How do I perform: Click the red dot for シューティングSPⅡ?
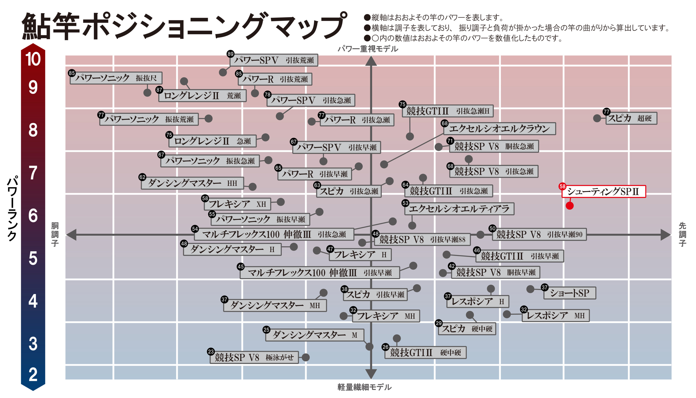569,206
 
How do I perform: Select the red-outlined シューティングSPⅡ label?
603,192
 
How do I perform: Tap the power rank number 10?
33,59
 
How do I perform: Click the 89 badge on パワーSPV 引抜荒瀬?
230,54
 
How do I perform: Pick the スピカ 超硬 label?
631,118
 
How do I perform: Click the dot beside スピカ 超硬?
597,118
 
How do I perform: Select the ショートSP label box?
569,293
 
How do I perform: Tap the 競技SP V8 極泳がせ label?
254,357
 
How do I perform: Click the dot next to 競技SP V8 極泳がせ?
306,357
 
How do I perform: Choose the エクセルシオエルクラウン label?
499,129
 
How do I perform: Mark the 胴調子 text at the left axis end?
55,234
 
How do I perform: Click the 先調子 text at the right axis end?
682,234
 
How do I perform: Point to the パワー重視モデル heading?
368,49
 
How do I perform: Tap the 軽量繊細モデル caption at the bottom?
364,387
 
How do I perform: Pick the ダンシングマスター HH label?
192,183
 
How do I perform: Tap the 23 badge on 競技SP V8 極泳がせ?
211,352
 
